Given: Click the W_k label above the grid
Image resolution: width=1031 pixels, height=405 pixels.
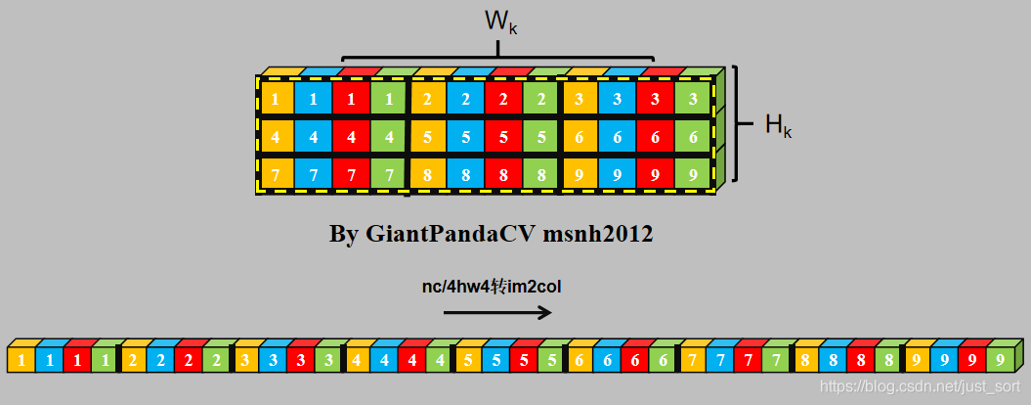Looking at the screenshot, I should coord(501,22).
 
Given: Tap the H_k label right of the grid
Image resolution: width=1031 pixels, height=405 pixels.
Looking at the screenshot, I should coord(778,125).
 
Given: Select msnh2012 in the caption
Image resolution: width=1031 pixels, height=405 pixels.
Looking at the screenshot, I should coord(596,235).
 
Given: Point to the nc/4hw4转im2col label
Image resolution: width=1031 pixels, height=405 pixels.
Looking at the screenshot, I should coord(491,287).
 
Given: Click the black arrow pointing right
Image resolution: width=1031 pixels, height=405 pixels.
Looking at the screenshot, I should coord(497,313).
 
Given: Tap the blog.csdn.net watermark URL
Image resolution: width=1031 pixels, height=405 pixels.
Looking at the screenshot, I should coord(920,387).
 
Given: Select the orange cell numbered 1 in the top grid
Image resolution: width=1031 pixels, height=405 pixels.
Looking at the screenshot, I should coord(277,99).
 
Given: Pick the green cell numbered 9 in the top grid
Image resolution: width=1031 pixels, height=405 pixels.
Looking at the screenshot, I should coord(692,175).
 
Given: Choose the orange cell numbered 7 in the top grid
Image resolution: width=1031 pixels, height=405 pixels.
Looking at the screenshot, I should coord(277,175).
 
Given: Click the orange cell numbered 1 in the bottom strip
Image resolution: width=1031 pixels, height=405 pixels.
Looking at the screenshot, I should coord(21,360).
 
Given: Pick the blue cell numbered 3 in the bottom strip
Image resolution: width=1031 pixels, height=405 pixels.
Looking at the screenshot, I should coord(274,360).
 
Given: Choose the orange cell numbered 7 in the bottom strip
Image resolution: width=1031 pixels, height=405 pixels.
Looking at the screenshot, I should coord(692,360).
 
